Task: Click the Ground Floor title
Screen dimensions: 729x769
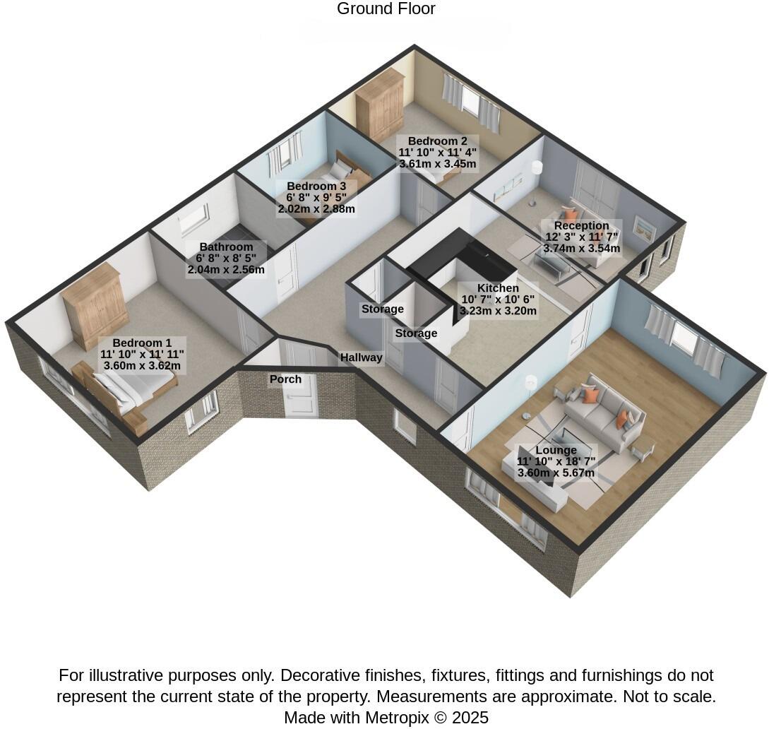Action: click(386, 9)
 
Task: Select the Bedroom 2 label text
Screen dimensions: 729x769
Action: click(438, 141)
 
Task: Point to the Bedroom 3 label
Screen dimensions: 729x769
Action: click(316, 186)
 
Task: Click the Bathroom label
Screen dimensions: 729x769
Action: click(226, 247)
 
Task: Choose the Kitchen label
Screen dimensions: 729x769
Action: click(498, 288)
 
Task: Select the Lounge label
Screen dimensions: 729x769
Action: click(556, 450)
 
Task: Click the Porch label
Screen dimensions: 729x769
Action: click(285, 379)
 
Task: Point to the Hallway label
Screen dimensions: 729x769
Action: click(361, 357)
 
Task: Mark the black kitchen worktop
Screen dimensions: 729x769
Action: click(459, 254)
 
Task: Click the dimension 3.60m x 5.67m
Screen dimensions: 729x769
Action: click(556, 473)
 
